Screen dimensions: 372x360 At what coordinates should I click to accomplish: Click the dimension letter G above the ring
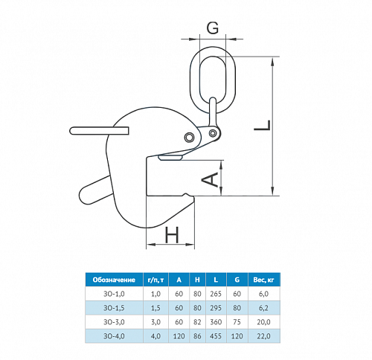click(213, 28)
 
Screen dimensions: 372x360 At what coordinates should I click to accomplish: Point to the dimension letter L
click(263, 125)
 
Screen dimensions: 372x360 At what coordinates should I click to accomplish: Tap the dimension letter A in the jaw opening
click(211, 180)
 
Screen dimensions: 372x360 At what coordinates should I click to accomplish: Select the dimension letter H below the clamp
click(172, 235)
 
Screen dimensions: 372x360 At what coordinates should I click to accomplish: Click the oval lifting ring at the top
click(191, 80)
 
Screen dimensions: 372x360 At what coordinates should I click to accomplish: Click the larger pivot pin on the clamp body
click(189, 137)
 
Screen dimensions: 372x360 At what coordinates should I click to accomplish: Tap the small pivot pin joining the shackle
click(212, 133)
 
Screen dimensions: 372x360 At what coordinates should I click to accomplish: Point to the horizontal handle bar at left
click(99, 131)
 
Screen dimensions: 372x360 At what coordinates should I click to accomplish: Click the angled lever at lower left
click(95, 190)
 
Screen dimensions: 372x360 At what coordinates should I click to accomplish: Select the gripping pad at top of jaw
click(170, 158)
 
